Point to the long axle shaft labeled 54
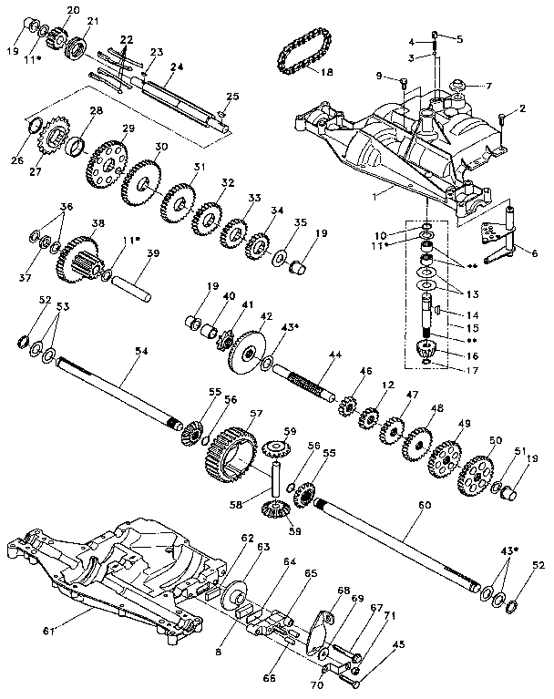click(118, 393)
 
